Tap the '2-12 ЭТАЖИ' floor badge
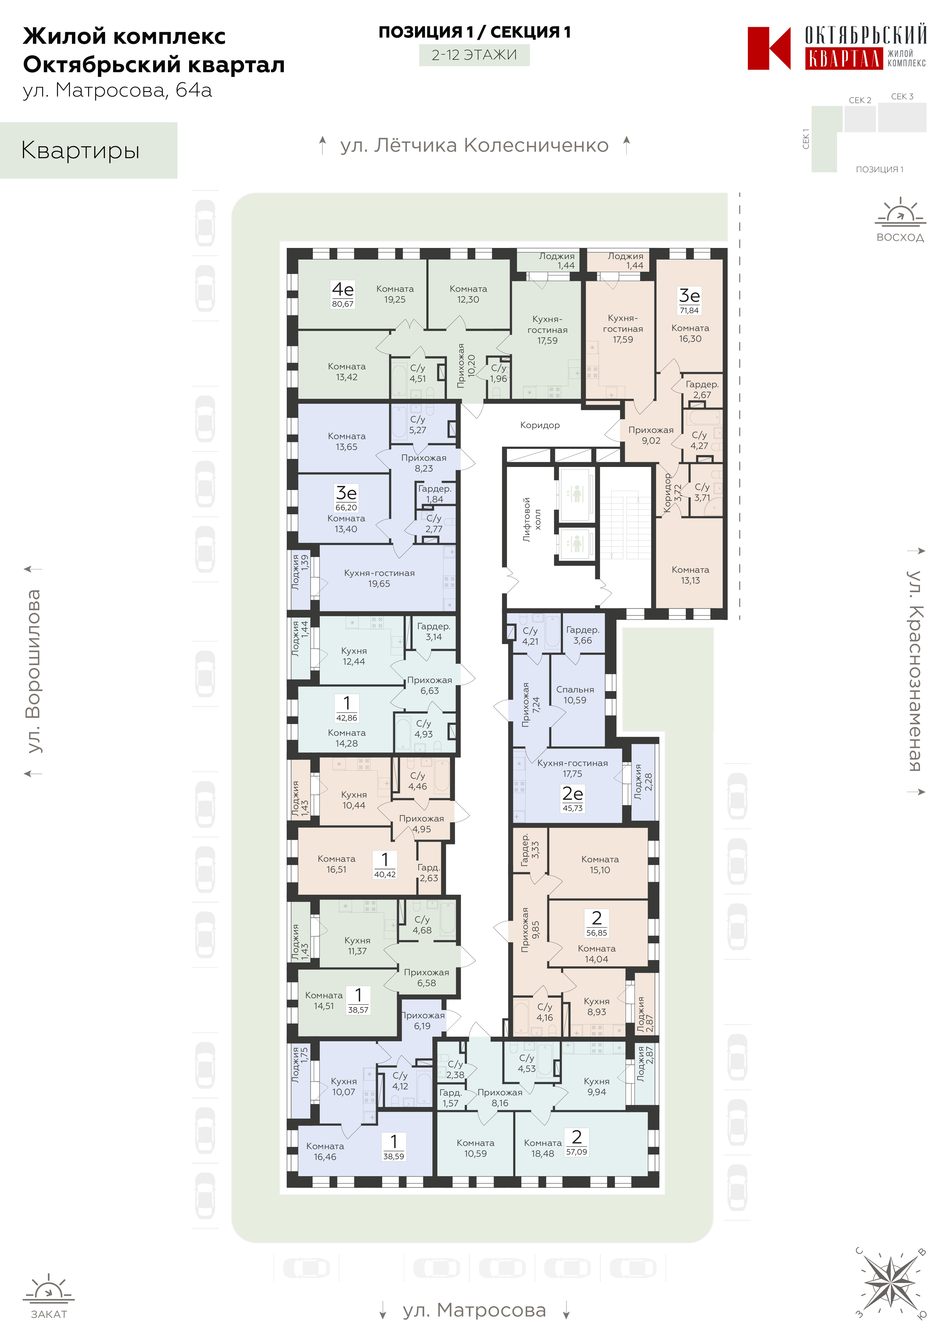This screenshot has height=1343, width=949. point(474,55)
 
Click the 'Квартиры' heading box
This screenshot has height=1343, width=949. point(88,150)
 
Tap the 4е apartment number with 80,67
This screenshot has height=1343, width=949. point(343,294)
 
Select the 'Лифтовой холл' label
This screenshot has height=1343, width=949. point(532,519)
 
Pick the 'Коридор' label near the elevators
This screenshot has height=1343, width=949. point(540,425)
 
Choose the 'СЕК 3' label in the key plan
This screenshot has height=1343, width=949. point(902,97)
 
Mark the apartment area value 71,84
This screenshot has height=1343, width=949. point(689,311)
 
